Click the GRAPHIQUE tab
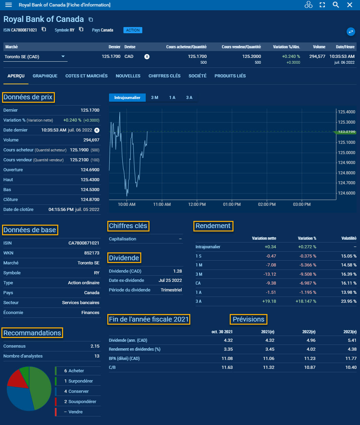click(x=45, y=76)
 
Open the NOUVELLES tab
click(x=128, y=76)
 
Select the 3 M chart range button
click(x=155, y=98)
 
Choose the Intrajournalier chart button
click(x=127, y=98)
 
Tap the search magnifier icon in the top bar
click(x=336, y=5)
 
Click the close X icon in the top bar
click(x=350, y=5)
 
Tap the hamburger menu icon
click(x=9, y=5)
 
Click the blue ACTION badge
click(x=133, y=30)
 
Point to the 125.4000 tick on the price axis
click(x=346, y=112)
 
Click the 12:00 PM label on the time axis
click(x=197, y=204)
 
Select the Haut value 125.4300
click(x=90, y=180)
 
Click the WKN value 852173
click(x=92, y=253)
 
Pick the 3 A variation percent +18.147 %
click(x=306, y=301)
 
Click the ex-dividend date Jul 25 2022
click(x=170, y=280)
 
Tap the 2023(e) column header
click(x=350, y=332)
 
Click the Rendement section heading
click(x=213, y=226)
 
